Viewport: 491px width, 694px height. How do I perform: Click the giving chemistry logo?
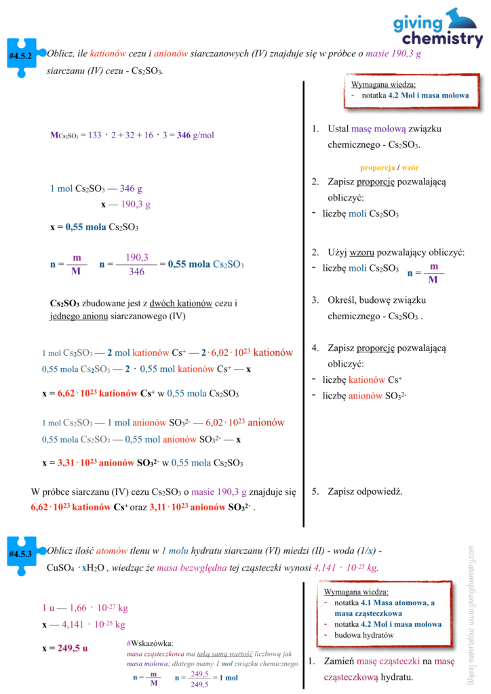(x=437, y=28)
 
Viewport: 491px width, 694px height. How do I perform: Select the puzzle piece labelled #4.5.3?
(x=21, y=553)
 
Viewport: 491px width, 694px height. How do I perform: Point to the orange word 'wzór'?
(x=410, y=167)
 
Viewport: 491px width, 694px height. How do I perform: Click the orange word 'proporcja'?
(x=378, y=167)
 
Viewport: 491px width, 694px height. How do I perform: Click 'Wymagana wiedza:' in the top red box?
(x=383, y=85)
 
